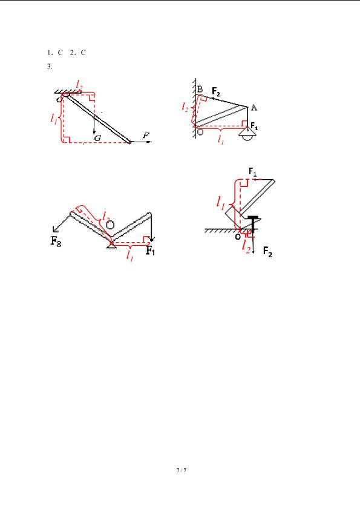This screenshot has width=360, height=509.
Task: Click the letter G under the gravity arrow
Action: tap(97, 138)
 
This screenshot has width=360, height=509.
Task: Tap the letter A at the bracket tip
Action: tap(254, 108)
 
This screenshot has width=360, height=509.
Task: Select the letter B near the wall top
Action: tap(200, 89)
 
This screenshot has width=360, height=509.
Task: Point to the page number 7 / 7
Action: tap(182, 470)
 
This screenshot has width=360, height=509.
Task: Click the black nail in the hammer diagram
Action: tap(253, 225)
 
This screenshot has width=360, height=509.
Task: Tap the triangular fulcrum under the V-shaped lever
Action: tap(111, 248)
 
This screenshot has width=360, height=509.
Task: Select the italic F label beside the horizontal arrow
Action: tap(146, 136)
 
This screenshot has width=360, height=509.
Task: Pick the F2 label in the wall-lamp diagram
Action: tap(216, 91)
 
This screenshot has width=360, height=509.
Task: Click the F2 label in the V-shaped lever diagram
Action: tap(56, 241)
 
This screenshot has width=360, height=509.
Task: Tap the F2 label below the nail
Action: tap(267, 252)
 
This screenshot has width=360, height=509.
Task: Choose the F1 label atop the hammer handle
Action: tap(252, 171)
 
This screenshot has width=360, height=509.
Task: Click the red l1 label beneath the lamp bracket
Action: tap(221, 140)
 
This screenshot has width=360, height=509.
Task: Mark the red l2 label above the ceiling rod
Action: tap(79, 85)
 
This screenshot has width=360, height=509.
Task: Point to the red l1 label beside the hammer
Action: tap(221, 203)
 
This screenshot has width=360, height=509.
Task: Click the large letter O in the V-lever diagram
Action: tap(110, 225)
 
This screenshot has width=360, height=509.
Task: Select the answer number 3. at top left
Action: tap(50, 67)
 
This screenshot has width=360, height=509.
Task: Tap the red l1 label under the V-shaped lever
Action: tap(130, 256)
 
